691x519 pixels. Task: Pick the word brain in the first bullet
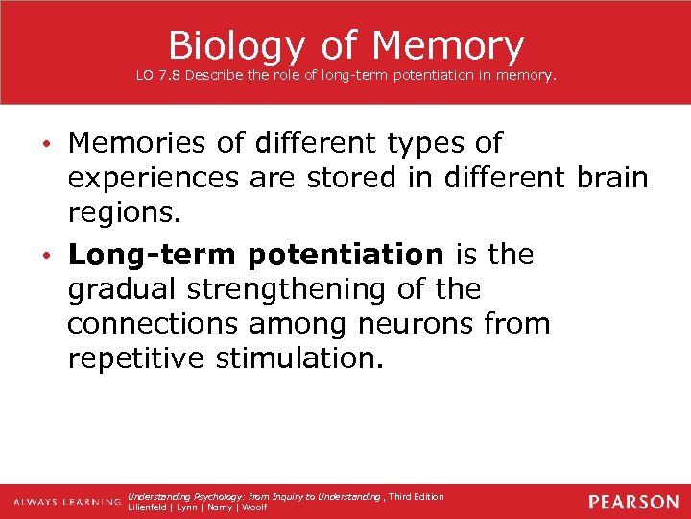click(x=613, y=180)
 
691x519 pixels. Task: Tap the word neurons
click(x=416, y=324)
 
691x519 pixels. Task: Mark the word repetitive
click(x=136, y=359)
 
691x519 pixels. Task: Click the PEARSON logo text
click(x=633, y=502)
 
